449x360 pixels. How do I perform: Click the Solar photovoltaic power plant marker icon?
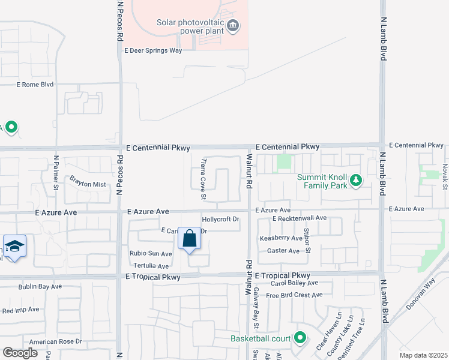click(x=234, y=26)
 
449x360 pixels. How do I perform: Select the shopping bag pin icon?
click(x=190, y=239)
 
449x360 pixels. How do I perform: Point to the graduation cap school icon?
click(x=14, y=246)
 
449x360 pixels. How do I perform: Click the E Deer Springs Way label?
click(x=153, y=51)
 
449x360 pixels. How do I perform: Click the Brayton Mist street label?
click(x=88, y=181)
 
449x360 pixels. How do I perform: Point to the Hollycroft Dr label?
click(x=220, y=220)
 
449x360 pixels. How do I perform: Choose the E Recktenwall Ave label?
click(x=299, y=218)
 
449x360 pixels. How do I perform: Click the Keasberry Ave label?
click(x=280, y=238)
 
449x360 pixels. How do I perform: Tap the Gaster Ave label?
click(x=283, y=251)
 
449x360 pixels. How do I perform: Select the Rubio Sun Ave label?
click(x=151, y=254)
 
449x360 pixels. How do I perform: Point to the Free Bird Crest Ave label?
click(x=294, y=295)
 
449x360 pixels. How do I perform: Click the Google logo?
click(x=20, y=353)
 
